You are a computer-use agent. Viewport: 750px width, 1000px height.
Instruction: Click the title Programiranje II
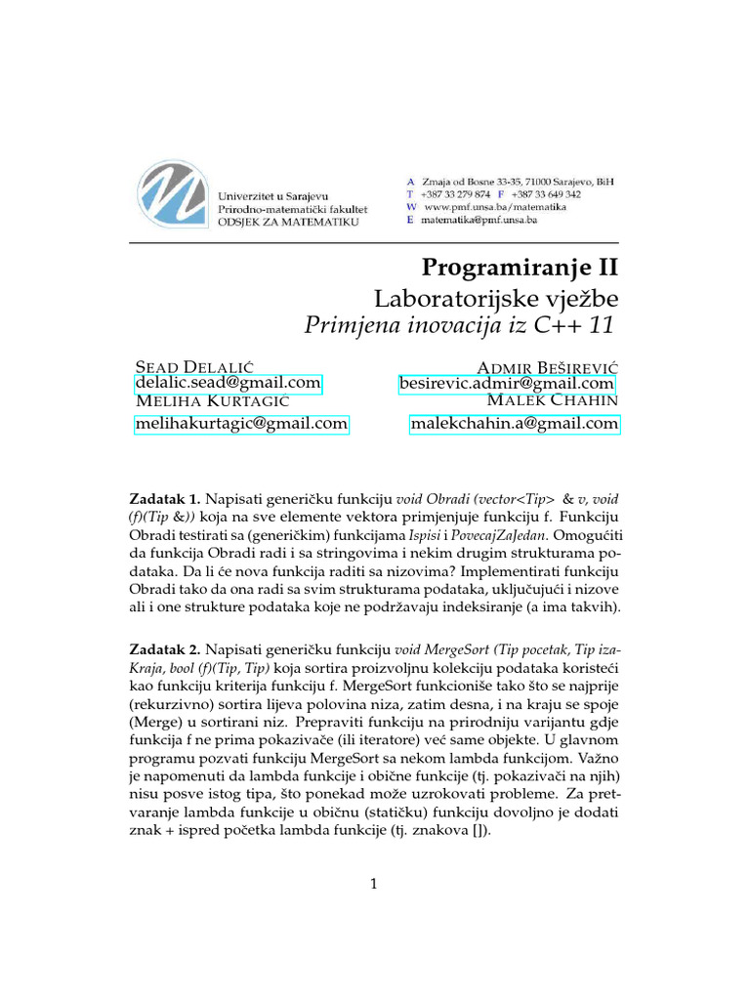(x=520, y=268)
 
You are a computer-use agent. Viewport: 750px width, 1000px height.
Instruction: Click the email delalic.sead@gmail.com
(x=228, y=384)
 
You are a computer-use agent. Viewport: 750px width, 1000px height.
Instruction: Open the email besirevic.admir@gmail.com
(x=507, y=385)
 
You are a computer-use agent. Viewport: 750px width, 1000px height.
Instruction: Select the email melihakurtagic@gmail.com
(x=240, y=424)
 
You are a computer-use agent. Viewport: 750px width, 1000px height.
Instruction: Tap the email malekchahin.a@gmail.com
(x=514, y=424)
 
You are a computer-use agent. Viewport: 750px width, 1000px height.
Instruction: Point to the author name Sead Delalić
(x=193, y=366)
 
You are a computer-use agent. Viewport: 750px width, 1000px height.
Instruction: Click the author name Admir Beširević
(x=547, y=366)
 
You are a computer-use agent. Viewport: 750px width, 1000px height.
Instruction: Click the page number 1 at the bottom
(x=374, y=885)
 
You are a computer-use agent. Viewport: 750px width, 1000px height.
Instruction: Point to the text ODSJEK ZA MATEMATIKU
(x=288, y=223)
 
